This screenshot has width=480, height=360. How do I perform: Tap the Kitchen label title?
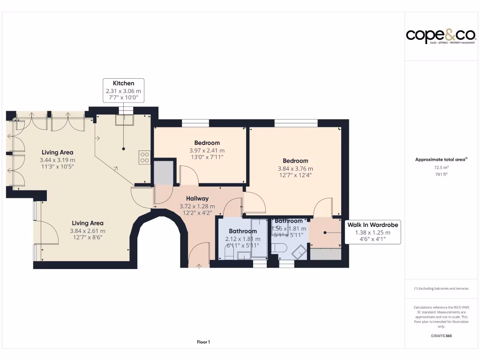(123, 83)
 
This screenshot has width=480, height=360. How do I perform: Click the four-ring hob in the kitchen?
(144, 157)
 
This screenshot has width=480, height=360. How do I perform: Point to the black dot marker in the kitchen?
(124, 149)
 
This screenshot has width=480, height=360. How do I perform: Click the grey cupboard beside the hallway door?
(164, 172)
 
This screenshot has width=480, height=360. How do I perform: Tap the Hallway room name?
(197, 198)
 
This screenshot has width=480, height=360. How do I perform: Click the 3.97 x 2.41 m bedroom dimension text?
(207, 150)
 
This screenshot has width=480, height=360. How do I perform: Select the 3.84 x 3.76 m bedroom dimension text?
(295, 169)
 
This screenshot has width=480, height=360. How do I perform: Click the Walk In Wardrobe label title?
(372, 225)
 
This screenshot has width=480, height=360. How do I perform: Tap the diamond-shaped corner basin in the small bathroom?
(298, 252)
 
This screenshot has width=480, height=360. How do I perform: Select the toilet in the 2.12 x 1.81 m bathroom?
(229, 254)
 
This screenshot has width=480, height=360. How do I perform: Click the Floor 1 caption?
(203, 342)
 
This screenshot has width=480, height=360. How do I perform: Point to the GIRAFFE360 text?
(441, 336)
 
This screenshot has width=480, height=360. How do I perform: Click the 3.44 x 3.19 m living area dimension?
(57, 160)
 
